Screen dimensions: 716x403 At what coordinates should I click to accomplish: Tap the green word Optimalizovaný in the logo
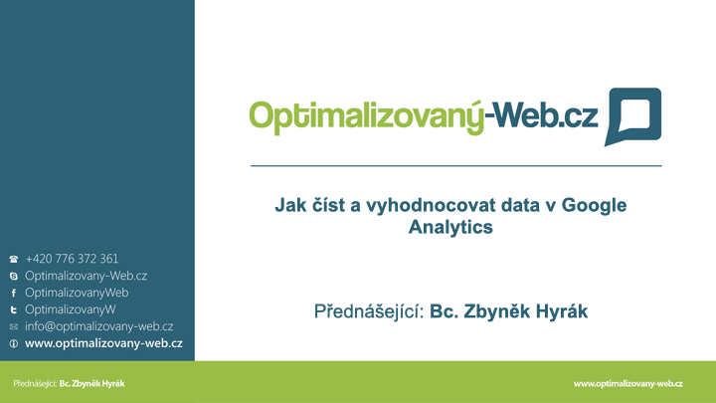pos(367,117)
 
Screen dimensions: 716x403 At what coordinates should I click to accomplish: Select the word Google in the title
pos(594,205)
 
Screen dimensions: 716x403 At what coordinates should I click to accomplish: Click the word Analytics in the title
pos(450,227)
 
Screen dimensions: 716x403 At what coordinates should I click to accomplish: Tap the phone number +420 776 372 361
pos(72,259)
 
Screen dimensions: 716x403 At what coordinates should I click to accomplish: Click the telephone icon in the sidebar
pos(14,259)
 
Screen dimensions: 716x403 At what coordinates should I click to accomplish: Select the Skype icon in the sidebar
pos(14,276)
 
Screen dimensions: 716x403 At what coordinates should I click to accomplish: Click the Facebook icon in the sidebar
pos(14,293)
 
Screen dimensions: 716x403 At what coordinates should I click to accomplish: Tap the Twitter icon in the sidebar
pos(14,309)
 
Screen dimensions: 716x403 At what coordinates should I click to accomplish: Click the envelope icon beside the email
pos(14,326)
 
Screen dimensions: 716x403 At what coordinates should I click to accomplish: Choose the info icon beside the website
pos(14,343)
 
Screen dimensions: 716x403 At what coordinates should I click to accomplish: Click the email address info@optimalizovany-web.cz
pos(99,326)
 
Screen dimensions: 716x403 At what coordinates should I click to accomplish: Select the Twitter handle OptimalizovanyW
pos(71,309)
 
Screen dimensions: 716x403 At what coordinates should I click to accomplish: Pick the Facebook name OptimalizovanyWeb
pos(77,293)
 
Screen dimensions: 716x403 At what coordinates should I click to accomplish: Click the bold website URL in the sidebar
pos(103,343)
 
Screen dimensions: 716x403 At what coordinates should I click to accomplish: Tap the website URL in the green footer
pos(628,384)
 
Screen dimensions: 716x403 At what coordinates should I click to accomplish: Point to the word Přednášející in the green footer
pos(35,384)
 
